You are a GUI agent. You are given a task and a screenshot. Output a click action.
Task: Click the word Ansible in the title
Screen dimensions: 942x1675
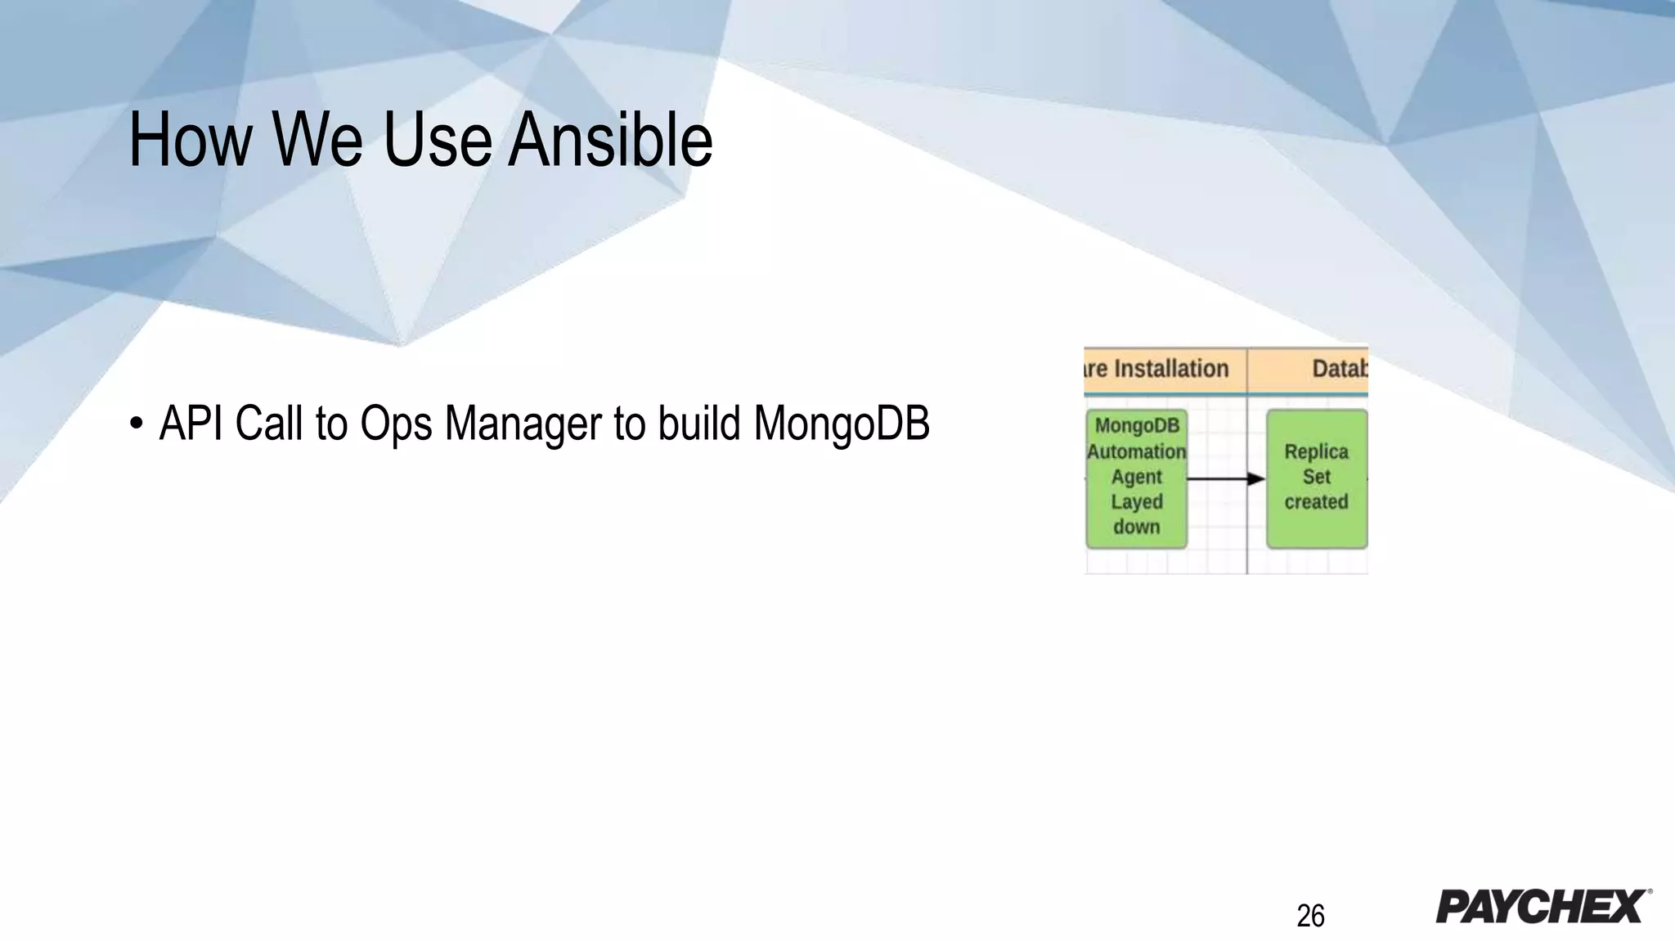610,141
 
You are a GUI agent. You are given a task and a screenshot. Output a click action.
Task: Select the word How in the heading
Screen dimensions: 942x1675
190,141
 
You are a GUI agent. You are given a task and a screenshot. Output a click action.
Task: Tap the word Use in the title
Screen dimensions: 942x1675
437,141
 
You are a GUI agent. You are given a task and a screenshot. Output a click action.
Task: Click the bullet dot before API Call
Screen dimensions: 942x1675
136,424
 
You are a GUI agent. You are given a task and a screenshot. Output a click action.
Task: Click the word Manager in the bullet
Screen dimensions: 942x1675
523,424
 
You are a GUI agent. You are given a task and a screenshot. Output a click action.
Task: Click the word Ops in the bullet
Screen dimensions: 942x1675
396,424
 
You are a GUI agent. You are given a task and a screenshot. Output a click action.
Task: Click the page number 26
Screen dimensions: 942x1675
1310,916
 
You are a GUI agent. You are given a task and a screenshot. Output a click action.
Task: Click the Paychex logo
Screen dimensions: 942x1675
1543,907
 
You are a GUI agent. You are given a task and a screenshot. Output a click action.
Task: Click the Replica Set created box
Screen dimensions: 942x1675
1316,478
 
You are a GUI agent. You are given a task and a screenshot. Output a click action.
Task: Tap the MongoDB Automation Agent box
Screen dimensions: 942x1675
1136,478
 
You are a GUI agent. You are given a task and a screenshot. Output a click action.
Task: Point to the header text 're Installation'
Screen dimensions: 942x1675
1157,369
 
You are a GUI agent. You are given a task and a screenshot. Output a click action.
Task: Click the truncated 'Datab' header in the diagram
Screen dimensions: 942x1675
1339,369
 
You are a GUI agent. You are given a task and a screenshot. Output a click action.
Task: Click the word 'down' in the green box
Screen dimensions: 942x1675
1136,527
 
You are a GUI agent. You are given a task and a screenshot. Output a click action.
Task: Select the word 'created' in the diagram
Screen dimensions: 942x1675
1316,502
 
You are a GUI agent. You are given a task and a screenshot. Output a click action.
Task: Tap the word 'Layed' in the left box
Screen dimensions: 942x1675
1136,502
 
